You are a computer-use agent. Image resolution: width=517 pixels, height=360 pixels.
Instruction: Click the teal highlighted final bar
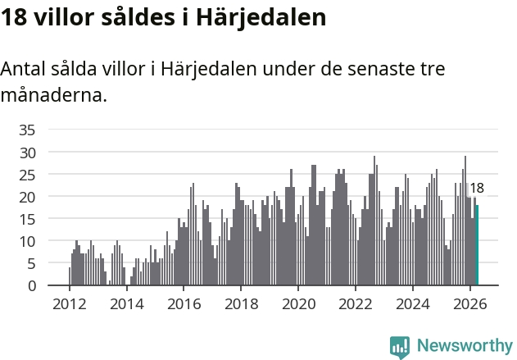point(477,245)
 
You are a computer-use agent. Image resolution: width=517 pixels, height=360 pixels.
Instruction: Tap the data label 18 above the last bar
point(477,188)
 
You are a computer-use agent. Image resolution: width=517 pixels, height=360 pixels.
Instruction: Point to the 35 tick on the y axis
point(27,130)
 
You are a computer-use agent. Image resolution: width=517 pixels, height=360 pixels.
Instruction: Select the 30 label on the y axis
point(27,153)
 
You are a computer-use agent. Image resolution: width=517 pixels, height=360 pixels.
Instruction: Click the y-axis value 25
point(27,175)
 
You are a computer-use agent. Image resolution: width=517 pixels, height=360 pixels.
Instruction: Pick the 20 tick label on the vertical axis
point(27,198)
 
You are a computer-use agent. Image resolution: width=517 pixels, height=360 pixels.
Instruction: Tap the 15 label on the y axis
point(27,220)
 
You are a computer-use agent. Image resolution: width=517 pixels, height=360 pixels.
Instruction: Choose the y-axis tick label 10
point(27,242)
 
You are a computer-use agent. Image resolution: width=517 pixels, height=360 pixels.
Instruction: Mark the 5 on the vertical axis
point(31,264)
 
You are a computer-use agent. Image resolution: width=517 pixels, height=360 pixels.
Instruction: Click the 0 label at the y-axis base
point(32,286)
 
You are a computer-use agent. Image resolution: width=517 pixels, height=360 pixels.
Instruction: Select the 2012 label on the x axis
point(70,304)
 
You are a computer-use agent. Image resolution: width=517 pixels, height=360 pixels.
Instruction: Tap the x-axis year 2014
point(127,304)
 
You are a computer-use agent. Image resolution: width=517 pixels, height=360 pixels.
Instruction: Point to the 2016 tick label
point(184,304)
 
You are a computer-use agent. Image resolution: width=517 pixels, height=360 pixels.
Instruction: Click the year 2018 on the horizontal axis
point(242,304)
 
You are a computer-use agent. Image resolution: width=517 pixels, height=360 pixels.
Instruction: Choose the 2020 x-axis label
point(298,304)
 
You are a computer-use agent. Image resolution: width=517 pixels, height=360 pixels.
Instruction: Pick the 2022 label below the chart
point(356,304)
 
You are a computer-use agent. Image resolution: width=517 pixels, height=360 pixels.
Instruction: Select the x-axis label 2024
point(413,304)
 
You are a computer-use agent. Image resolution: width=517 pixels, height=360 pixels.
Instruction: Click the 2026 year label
point(470,304)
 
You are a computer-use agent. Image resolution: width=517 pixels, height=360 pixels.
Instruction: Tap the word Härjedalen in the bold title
point(261,18)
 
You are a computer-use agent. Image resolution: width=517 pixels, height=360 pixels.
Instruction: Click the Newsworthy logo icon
point(400,347)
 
